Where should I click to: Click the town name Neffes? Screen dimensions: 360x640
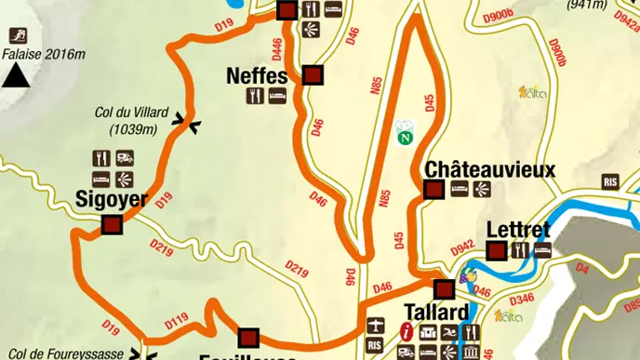click(x=257, y=75)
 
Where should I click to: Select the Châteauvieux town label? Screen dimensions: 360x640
click(x=489, y=170)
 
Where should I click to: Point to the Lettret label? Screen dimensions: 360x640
click(x=518, y=230)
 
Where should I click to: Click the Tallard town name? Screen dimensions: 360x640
click(x=435, y=312)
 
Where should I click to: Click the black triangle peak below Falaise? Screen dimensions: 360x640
click(x=14, y=77)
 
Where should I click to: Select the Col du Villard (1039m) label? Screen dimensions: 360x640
click(x=131, y=120)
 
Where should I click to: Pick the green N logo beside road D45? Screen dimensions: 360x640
click(x=405, y=137)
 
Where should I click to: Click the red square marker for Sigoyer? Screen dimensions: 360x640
click(x=112, y=224)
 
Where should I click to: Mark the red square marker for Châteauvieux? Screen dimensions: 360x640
click(x=433, y=190)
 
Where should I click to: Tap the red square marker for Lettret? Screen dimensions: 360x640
click(x=497, y=250)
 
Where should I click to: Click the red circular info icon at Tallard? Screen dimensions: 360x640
click(x=406, y=330)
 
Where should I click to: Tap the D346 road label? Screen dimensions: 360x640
click(x=522, y=299)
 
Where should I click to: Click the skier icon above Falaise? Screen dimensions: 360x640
click(x=16, y=35)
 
